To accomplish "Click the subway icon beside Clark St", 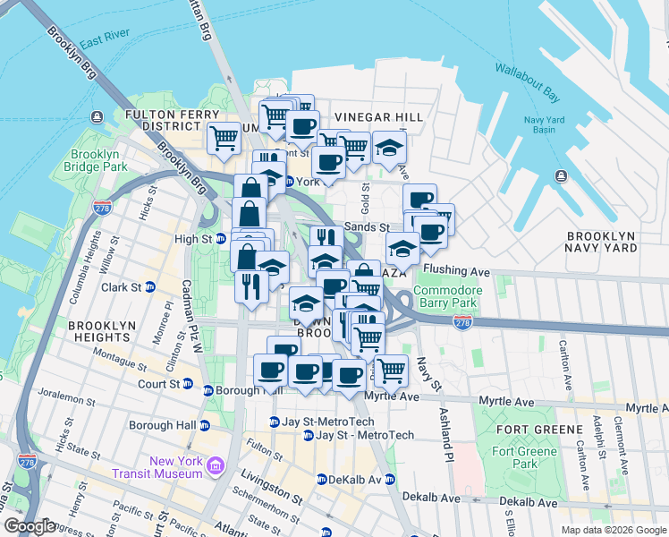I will coord(150,287).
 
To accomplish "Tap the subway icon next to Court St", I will coord(187,383).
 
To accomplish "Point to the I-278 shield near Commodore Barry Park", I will coord(462,320).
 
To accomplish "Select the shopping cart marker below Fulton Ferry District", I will coord(223,138).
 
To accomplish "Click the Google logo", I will coord(30,526).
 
